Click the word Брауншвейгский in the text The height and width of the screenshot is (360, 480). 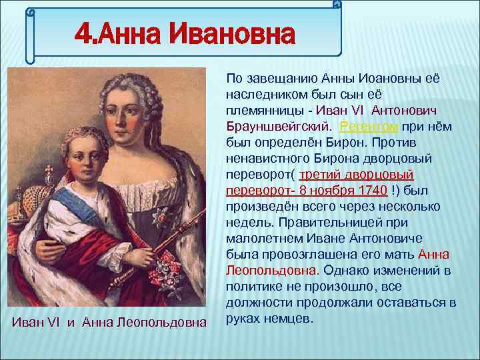279,126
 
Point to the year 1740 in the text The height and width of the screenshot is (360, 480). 372,190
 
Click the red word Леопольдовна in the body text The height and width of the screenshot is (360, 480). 271,270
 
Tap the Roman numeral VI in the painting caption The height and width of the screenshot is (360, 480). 55,323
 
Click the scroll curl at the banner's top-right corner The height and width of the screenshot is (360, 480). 337,5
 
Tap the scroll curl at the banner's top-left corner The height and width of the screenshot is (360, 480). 30,11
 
